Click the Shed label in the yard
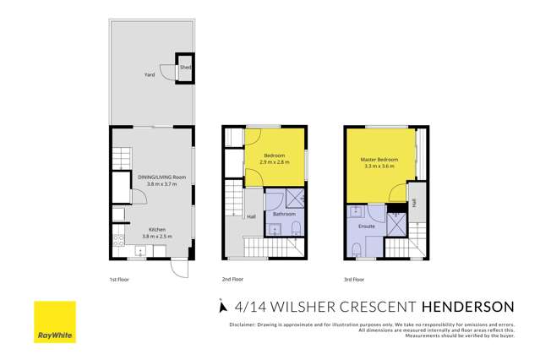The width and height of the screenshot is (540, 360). coord(185,68)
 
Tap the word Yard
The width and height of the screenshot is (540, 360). coord(149,74)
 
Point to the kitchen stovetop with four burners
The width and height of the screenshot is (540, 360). coord(118,251)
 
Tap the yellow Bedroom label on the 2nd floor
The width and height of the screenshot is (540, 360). coord(275,155)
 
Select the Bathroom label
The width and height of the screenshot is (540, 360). coord(284,214)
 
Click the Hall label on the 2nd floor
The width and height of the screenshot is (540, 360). coord(251,216)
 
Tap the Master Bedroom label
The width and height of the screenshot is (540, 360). coord(380,160)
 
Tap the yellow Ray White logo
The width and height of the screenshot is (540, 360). coord(54,322)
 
